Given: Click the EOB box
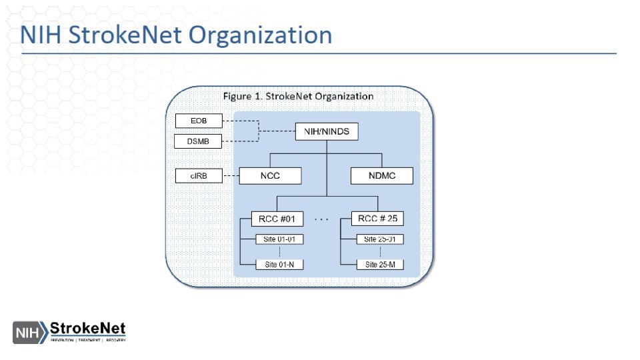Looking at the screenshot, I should tap(197, 121).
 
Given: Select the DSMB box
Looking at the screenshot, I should tap(197, 141).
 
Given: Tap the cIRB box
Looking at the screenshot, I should tap(197, 177).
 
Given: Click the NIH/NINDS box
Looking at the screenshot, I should tap(327, 131).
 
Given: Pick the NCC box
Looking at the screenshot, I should tap(270, 176).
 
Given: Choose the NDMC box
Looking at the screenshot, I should tap(382, 176).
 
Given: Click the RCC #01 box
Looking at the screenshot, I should tap(277, 219).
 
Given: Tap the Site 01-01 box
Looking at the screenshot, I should tap(279, 239).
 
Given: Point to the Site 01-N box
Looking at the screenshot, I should tap(279, 264).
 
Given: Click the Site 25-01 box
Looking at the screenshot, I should tap(380, 239).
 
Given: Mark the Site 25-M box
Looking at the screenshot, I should tap(380, 264).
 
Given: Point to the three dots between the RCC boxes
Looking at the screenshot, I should tap(322, 219).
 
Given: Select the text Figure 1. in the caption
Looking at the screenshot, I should tap(242, 96).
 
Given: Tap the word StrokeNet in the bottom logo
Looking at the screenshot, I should tap(88, 329).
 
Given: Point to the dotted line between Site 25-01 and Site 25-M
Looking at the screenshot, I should tap(381, 252).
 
